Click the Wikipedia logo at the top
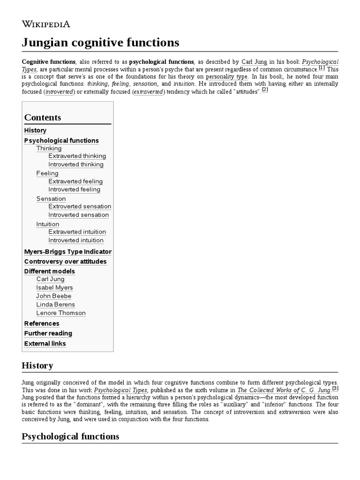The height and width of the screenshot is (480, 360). point(46,24)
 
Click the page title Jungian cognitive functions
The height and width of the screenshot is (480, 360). point(100,43)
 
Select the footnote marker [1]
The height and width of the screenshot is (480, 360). point(322,68)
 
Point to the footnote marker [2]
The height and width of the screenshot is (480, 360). point(265,90)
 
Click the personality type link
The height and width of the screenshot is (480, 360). point(227,77)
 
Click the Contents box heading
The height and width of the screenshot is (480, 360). point(43,118)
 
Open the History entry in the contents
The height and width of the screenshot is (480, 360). point(35,130)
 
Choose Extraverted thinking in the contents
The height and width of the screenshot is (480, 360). point(77,156)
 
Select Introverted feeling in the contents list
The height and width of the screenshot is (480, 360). point(74,190)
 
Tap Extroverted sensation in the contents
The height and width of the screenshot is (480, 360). point(80,207)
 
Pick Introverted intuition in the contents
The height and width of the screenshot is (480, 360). point(76,240)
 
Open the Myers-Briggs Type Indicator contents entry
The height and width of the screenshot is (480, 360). point(67,252)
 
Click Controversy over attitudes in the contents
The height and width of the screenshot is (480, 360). point(65,262)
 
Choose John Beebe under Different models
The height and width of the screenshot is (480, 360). point(54,296)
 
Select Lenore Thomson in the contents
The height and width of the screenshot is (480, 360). point(61,313)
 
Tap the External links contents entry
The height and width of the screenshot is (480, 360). point(45,344)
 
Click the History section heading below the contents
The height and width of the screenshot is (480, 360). point(37,366)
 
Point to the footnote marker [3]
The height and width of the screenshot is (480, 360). point(335,388)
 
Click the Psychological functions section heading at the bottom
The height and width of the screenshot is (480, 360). point(70,436)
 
